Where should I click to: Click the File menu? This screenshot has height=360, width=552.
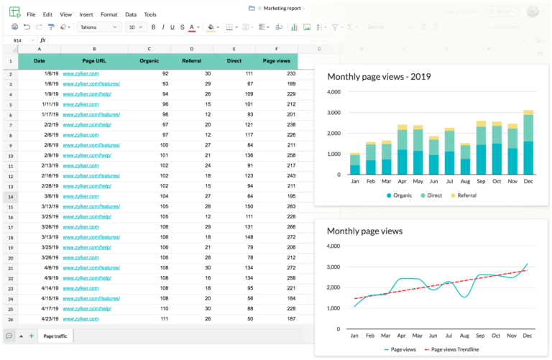pos(31,14)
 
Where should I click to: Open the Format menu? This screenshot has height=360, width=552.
pos(109,14)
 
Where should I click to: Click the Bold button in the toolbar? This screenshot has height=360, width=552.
pos(153,27)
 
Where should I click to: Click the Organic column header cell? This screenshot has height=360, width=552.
pos(149,61)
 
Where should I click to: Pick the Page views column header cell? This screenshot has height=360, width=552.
pos(277,61)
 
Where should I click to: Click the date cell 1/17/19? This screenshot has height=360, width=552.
pos(39,114)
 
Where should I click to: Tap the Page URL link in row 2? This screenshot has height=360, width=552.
pos(80,73)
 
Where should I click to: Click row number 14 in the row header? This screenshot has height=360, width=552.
pos(10,196)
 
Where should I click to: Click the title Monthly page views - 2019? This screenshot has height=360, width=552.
pos(379,77)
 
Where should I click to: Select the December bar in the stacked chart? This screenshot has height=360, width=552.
pos(528,143)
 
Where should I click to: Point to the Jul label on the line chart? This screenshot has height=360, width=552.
pos(449,335)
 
